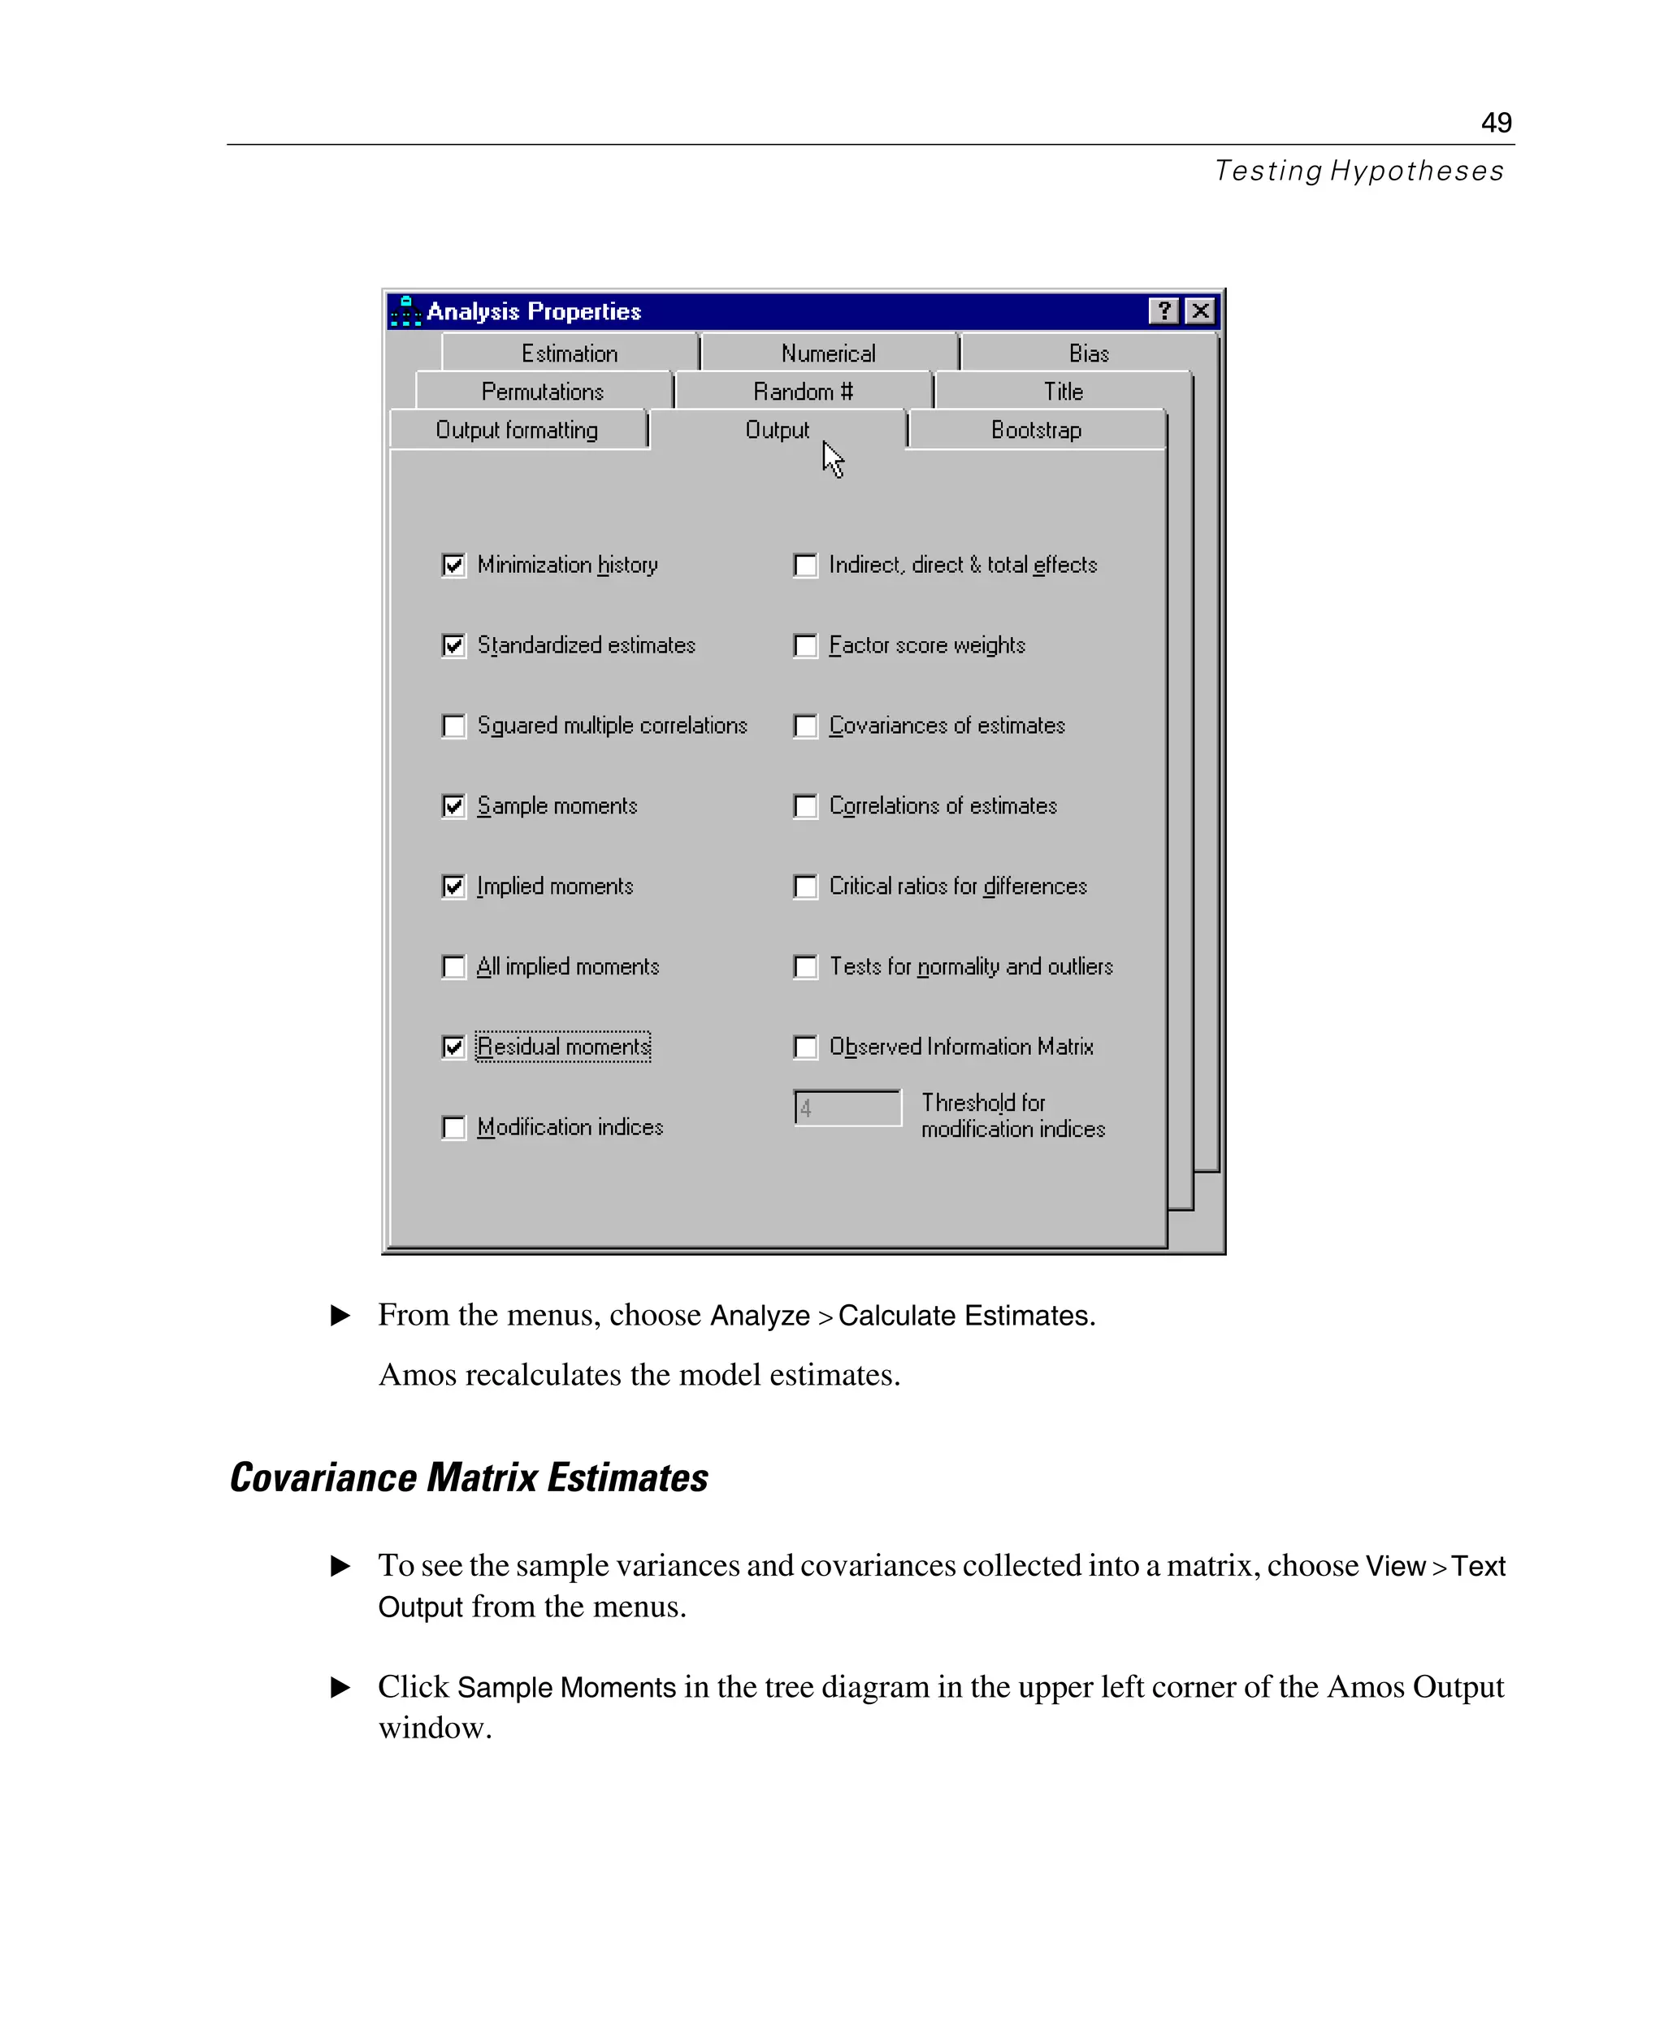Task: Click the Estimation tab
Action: coord(570,354)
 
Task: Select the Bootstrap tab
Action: coord(1035,431)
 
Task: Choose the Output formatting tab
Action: coord(517,431)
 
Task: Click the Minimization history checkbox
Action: coord(453,566)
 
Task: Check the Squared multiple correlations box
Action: coord(453,726)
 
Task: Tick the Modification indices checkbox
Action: coord(453,1127)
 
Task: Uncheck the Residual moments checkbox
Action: coord(453,1047)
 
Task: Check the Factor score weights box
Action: coord(805,646)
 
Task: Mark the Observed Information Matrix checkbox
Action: coord(805,1047)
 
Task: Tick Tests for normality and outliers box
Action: coord(805,966)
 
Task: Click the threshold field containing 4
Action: coord(847,1108)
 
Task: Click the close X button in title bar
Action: coord(1200,311)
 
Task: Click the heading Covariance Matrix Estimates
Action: coord(469,1478)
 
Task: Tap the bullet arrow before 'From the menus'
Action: coord(340,1316)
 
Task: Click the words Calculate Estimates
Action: coord(965,1316)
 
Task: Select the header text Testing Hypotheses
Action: coord(1358,171)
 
